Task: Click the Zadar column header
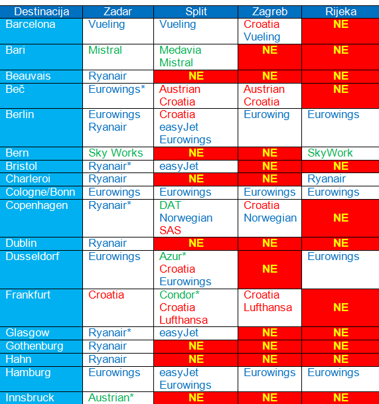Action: point(117,12)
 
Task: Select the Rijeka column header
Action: point(341,12)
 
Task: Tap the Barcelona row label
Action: point(31,25)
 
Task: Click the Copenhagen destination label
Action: point(37,206)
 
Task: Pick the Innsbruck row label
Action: point(30,397)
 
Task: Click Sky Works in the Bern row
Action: point(115,153)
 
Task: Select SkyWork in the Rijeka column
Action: point(330,153)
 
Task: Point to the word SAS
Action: point(170,230)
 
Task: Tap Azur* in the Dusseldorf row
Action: point(173,257)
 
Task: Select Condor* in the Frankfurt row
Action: point(179,295)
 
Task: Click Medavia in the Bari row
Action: point(181,50)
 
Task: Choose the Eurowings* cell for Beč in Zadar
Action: point(117,90)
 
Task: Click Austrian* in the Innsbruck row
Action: point(111,397)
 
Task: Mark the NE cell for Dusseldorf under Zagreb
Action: point(270,269)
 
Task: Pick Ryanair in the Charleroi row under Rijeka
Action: point(327,179)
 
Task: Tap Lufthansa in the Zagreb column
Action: point(268,308)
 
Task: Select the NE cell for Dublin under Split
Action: point(196,243)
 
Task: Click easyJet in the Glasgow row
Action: point(179,333)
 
